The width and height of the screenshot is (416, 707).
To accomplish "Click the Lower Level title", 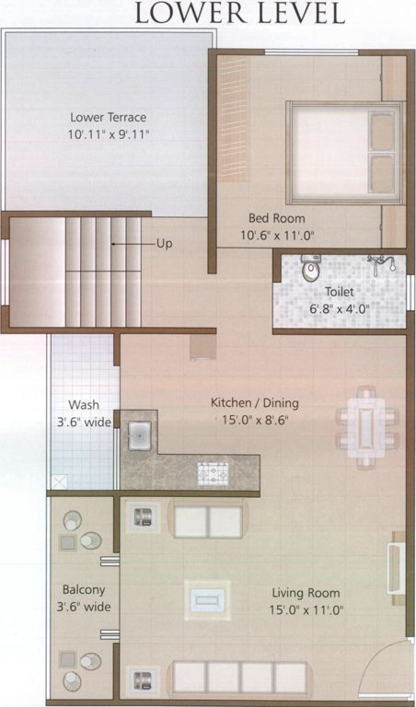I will pyautogui.click(x=239, y=14).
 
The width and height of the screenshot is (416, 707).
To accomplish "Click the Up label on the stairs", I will pyautogui.click(x=164, y=244).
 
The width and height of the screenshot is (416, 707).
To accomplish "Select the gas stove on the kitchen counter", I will pyautogui.click(x=213, y=475).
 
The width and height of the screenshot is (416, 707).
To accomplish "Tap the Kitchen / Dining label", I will pyautogui.click(x=255, y=403).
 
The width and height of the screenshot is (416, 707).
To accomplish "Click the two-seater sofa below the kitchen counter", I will pyautogui.click(x=207, y=520).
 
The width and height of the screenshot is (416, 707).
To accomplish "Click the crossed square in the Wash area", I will pyautogui.click(x=60, y=482).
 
